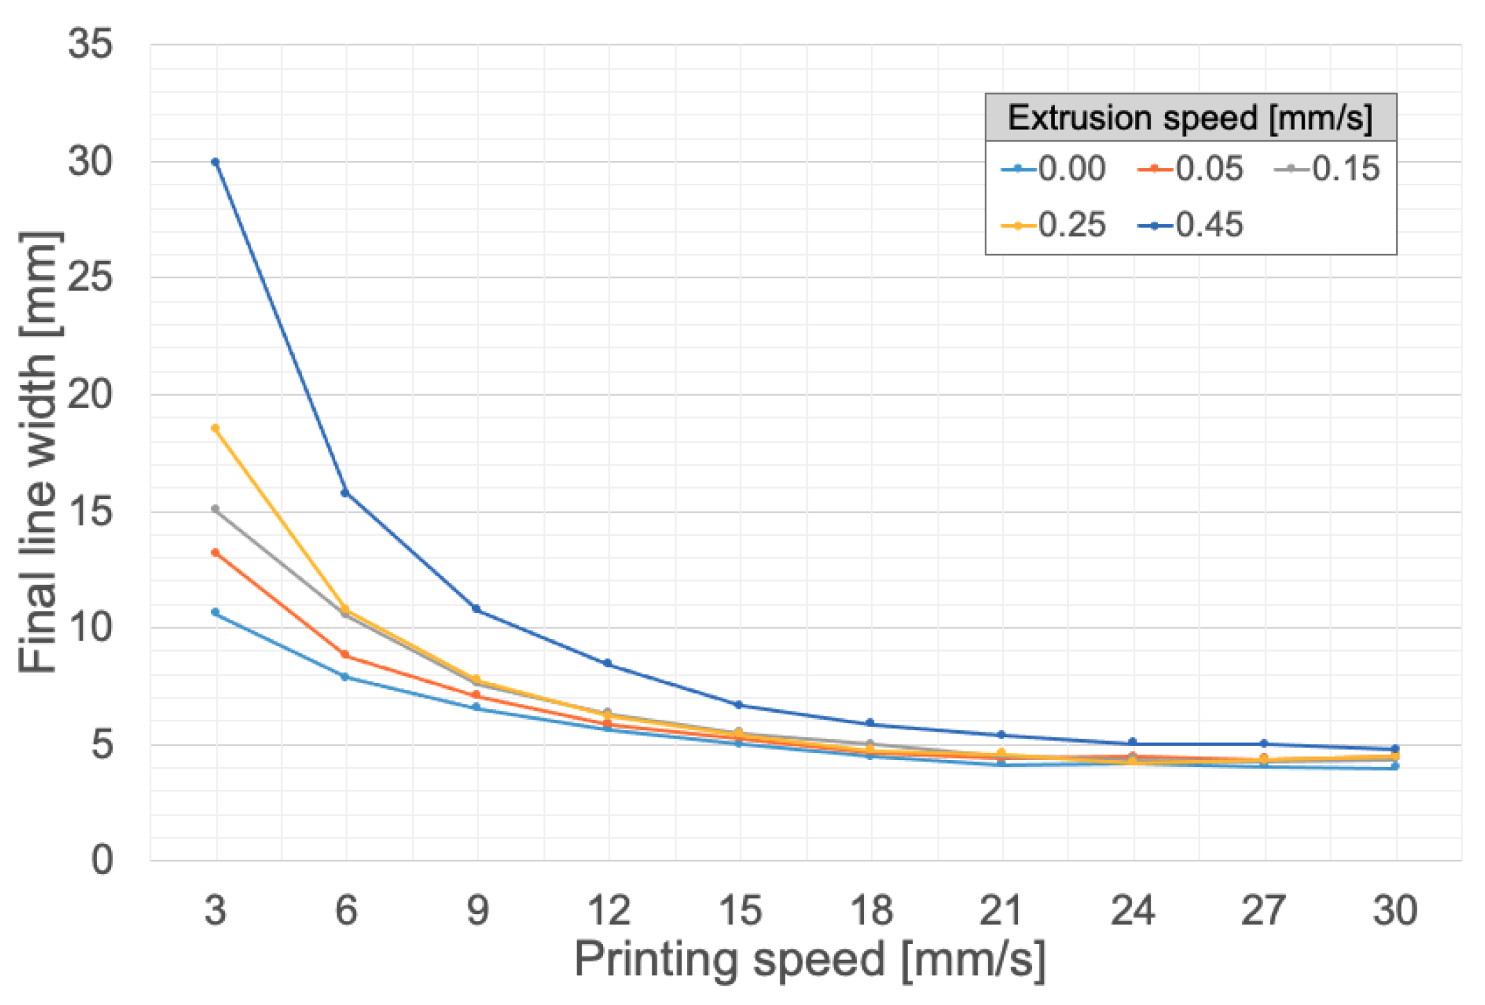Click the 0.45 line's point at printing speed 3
click(x=215, y=162)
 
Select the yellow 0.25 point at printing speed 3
click(x=215, y=428)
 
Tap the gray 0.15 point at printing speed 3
click(x=215, y=509)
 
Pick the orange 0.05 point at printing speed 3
click(x=215, y=552)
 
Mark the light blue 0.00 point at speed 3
click(x=215, y=612)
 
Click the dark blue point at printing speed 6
click(x=345, y=493)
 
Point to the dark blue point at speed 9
click(x=476, y=609)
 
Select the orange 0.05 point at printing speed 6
click(x=345, y=654)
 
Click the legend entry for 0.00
click(x=1054, y=169)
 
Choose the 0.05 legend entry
click(x=1191, y=169)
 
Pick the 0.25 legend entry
click(x=1054, y=225)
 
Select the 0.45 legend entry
click(x=1191, y=225)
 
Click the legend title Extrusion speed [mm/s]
click(x=1190, y=117)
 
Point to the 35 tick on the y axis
click(x=90, y=44)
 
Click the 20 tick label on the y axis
click(x=90, y=394)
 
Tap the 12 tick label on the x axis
click(x=608, y=910)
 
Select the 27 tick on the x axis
click(x=1263, y=910)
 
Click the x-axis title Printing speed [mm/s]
click(x=809, y=960)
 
